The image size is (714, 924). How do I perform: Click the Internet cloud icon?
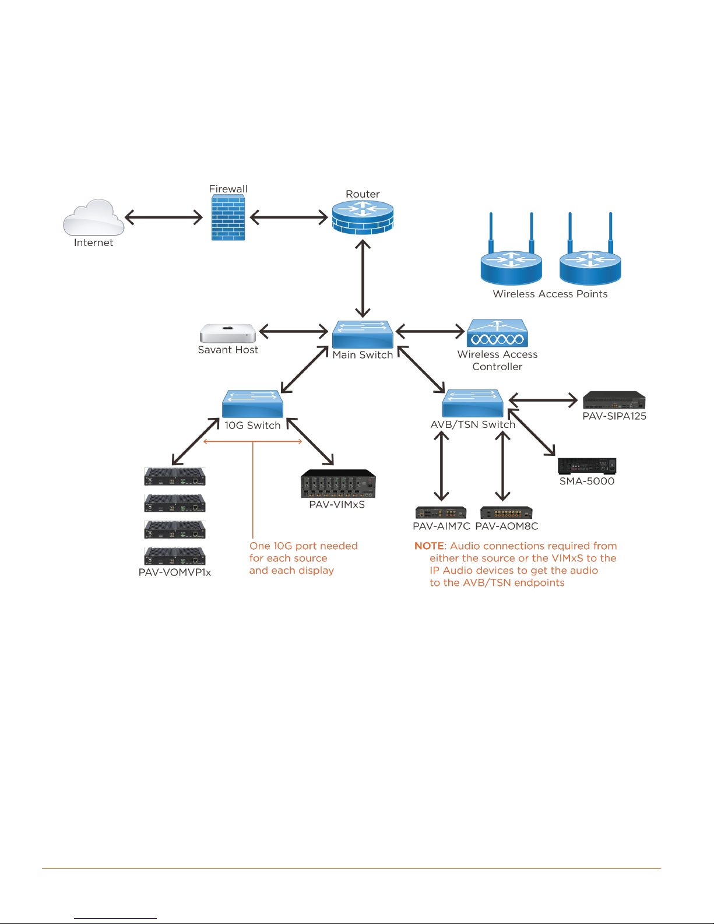[93, 217]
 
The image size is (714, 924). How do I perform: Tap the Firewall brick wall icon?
[228, 217]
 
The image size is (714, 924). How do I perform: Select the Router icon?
[363, 217]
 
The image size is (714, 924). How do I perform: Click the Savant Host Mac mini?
[228, 333]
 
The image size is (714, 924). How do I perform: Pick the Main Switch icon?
[363, 334]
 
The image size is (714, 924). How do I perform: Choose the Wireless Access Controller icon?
[497, 333]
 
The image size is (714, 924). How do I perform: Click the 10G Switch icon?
[252, 403]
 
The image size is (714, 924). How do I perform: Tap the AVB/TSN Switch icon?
[473, 403]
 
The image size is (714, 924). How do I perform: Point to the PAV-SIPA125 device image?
[614, 400]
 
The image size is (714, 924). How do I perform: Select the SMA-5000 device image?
[587, 466]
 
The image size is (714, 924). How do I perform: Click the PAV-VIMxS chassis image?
[338, 483]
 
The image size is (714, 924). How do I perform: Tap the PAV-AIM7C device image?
[441, 512]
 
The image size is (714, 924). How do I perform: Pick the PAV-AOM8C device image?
[506, 512]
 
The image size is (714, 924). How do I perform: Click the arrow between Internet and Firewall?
[164, 217]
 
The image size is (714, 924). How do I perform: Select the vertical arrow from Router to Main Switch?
[363, 279]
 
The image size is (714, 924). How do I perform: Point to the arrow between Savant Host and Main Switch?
[294, 331]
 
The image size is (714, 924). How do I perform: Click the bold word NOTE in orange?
[429, 546]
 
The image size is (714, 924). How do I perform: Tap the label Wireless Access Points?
[550, 294]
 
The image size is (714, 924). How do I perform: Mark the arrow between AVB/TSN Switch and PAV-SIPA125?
[543, 400]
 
